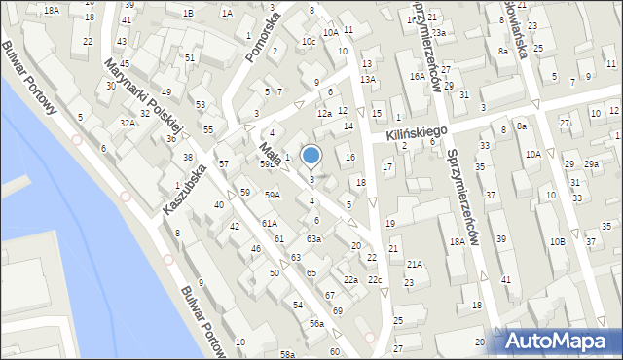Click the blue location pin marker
point(311,155)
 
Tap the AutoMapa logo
point(560,341)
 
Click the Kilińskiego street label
point(416,132)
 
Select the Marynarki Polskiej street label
point(145,97)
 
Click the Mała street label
point(271,156)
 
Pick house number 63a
point(313,238)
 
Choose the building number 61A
point(269,223)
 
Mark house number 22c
point(375,280)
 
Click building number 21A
point(415,264)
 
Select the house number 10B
point(556,240)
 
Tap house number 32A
point(127,124)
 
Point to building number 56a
point(316,323)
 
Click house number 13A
point(367,79)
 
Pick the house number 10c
point(308,42)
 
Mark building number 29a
point(592,164)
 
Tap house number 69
point(337,309)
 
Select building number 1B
point(188,13)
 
